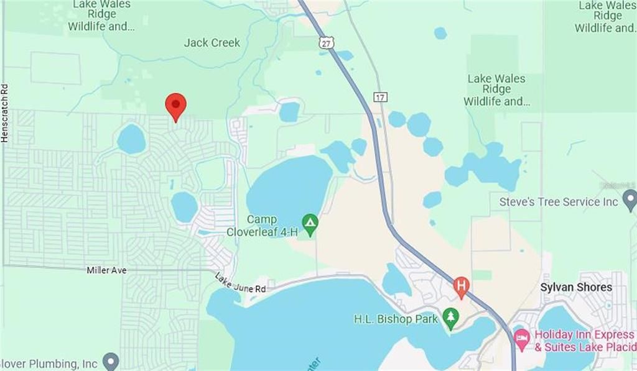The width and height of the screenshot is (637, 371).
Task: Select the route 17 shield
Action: pyautogui.click(x=380, y=98)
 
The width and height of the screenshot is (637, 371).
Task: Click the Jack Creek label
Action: pyautogui.click(x=212, y=43)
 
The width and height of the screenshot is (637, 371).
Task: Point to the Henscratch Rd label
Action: pyautogui.click(x=5, y=114)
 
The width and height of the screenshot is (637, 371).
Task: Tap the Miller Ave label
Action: pyautogui.click(x=107, y=270)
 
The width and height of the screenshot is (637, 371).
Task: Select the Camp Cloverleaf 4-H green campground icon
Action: pyautogui.click(x=310, y=221)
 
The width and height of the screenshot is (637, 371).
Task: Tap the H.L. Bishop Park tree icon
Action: pyautogui.click(x=450, y=318)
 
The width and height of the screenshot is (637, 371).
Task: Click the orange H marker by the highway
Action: pyautogui.click(x=461, y=286)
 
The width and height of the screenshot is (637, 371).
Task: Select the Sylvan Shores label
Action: pyautogui.click(x=576, y=287)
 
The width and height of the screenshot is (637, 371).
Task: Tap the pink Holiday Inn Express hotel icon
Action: pyautogui.click(x=521, y=339)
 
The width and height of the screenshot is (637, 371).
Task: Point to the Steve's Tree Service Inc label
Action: pyautogui.click(x=559, y=202)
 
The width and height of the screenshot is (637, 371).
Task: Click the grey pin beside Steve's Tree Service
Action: pyautogui.click(x=630, y=200)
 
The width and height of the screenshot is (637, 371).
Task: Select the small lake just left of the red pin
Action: pyautogui.click(x=131, y=139)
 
